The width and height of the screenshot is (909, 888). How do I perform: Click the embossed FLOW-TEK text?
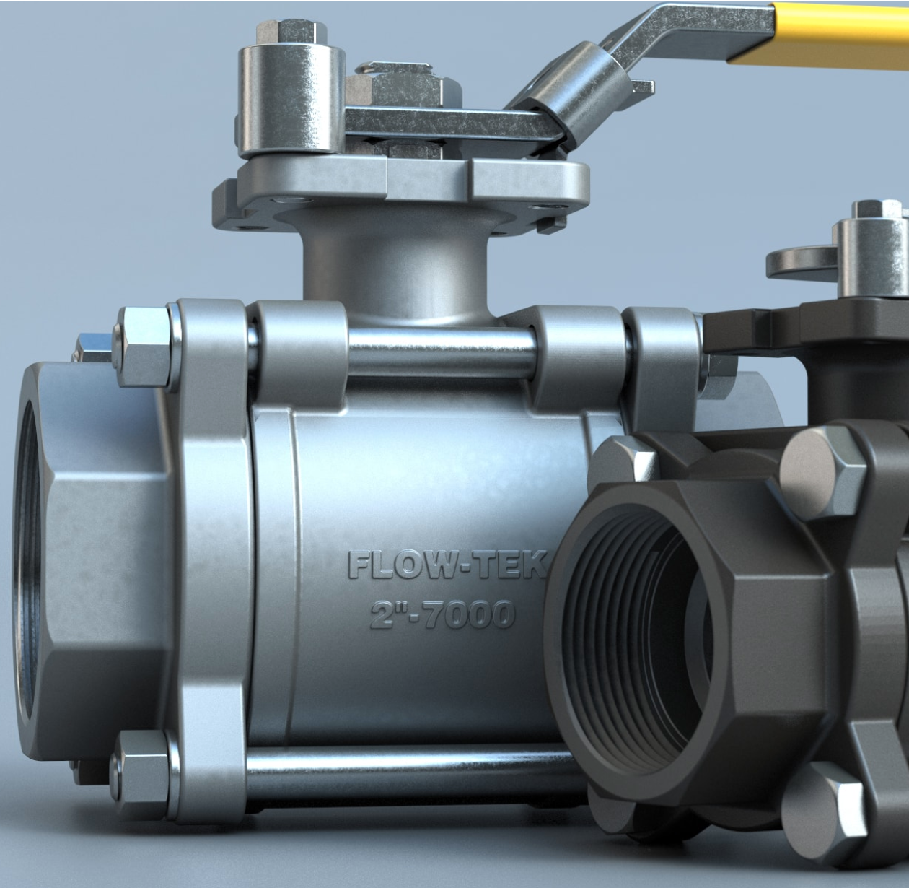(x=447, y=565)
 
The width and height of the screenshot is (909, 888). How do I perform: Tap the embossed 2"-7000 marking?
(x=442, y=614)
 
